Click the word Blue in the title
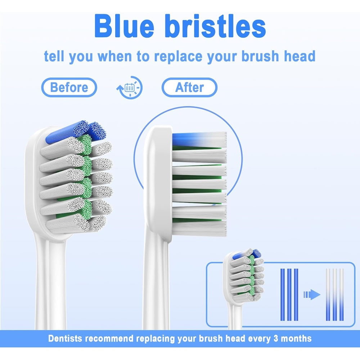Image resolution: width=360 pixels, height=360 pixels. coord(124,26)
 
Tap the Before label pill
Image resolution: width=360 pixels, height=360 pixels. coord(69,87)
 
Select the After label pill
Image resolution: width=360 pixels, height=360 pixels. coord(189,87)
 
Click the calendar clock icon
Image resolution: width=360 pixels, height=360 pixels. coord(130,87)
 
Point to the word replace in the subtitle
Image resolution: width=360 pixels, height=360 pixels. coord(179,57)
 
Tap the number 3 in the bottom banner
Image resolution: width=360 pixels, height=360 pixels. coord(276,338)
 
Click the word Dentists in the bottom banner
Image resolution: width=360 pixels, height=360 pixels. coord(65,338)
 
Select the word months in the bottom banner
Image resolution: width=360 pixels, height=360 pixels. coord(296,338)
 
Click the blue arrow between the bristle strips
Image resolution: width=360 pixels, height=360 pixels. coord(312,294)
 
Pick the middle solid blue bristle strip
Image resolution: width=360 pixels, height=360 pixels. coord(289,294)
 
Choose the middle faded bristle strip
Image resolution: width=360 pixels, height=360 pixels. coord(335,294)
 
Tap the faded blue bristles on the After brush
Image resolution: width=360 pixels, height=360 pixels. coord(199,139)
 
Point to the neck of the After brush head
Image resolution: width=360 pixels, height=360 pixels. coord(156,282)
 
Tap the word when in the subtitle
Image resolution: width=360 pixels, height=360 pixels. coord(115,57)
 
